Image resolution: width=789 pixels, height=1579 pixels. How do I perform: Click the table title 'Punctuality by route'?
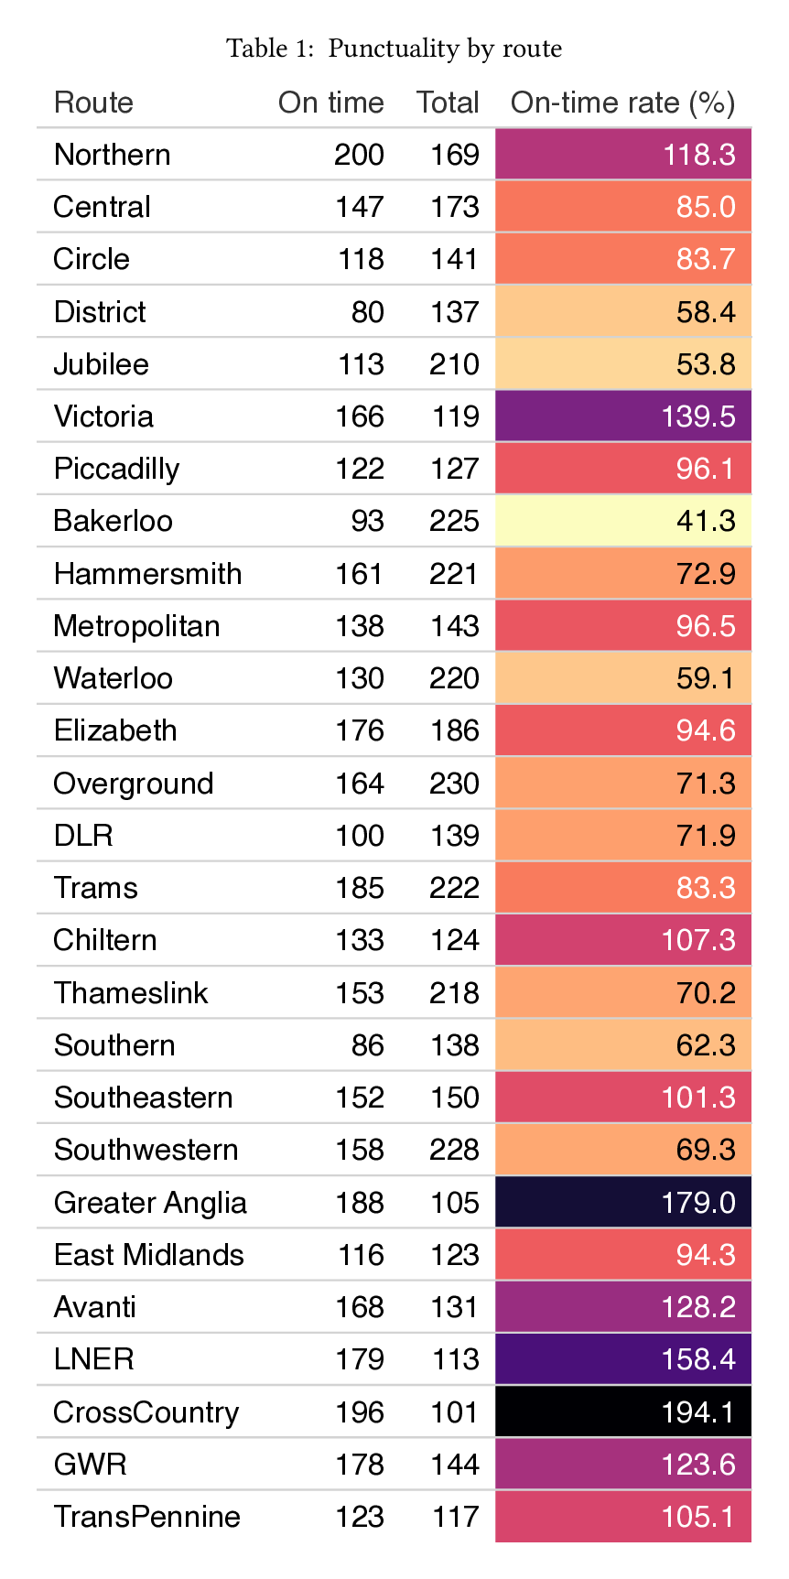tap(445, 49)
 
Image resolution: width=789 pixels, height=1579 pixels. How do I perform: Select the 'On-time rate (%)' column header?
tap(622, 103)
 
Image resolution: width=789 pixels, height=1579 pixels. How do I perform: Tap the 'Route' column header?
tap(93, 103)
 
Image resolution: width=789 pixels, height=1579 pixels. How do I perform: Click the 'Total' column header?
tap(448, 103)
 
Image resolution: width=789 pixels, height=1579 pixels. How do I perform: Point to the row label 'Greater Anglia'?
tap(150, 1203)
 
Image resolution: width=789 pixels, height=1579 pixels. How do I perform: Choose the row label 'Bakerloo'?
tap(113, 521)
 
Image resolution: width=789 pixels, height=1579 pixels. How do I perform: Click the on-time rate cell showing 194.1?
tap(623, 1411)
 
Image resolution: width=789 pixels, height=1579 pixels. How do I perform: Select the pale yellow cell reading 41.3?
tap(623, 521)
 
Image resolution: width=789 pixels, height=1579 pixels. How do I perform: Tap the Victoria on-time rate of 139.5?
tap(623, 416)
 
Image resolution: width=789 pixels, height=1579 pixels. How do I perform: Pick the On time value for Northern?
tap(359, 155)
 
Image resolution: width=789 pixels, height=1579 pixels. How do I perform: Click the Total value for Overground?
tap(454, 784)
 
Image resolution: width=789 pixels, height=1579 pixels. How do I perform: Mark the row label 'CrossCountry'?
tap(146, 1412)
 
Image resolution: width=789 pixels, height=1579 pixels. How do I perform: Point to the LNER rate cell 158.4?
tap(623, 1359)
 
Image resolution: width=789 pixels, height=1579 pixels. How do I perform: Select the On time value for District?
tap(368, 312)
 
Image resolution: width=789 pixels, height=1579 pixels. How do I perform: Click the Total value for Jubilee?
tap(454, 364)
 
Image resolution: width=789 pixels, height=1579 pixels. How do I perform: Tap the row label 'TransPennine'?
tap(146, 1517)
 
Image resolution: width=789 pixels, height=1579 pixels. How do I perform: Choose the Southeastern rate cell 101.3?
tap(623, 1098)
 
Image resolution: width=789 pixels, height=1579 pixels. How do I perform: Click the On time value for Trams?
tap(360, 888)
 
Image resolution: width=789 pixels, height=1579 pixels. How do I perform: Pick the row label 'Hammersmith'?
tap(147, 574)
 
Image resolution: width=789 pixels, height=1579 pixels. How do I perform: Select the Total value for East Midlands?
tap(455, 1255)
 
